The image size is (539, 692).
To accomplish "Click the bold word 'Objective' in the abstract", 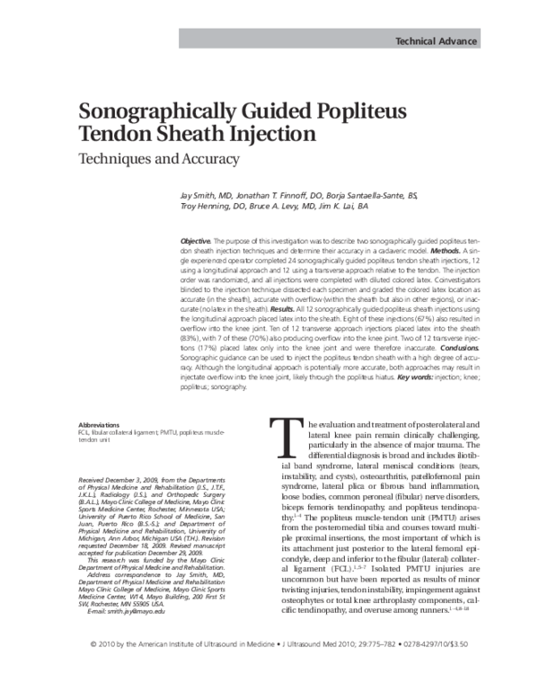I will click(x=195, y=244).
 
